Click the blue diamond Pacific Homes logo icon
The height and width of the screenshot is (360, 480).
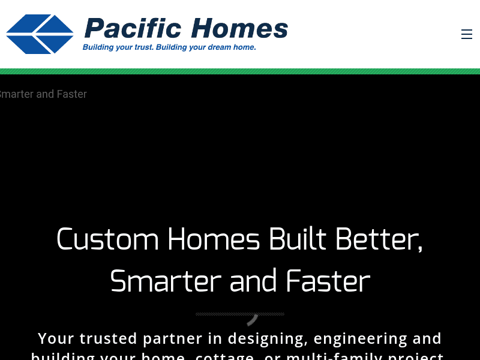pos(40,34)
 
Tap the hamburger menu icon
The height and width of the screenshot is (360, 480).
pos(466,34)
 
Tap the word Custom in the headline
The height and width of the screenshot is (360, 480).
pos(107,239)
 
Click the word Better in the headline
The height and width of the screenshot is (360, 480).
pos(379,239)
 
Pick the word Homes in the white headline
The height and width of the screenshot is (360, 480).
pos(214,239)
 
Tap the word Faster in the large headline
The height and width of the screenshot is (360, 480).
pos(328,281)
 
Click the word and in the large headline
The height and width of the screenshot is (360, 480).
pos(254,281)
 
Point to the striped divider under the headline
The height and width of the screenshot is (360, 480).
pos(239,314)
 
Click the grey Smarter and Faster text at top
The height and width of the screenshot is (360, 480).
pos(43,94)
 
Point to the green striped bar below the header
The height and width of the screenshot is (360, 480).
pos(240,71)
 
